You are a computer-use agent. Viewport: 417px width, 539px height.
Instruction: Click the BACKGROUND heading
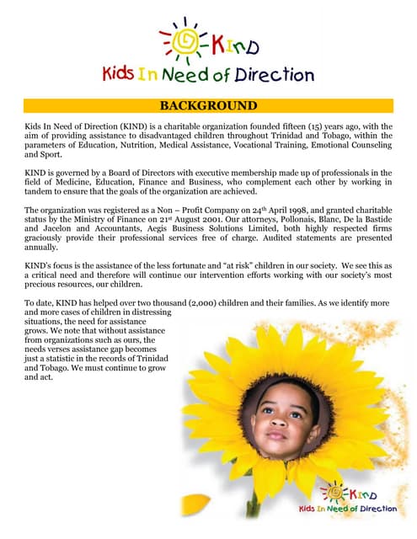tap(207, 105)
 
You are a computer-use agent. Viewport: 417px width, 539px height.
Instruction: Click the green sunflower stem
tap(252, 505)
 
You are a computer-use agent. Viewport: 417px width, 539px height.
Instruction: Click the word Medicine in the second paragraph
tap(69, 182)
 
